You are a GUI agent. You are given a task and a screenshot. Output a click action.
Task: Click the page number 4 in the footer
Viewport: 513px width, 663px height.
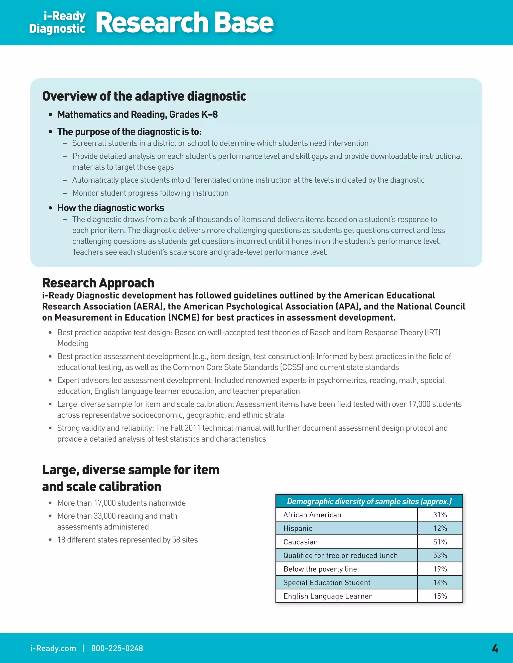495,648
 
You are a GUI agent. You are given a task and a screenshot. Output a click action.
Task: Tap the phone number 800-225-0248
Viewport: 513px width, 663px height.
117,648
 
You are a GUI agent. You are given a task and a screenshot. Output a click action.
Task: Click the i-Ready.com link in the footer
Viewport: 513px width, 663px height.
53,648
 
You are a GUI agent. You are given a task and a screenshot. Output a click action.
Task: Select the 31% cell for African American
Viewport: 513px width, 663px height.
440,515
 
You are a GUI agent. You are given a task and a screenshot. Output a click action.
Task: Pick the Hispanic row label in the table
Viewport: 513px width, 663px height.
298,528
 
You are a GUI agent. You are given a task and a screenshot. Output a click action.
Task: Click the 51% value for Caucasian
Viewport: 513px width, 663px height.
440,542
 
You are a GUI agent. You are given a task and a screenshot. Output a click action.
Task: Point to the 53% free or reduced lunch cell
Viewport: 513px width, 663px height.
440,555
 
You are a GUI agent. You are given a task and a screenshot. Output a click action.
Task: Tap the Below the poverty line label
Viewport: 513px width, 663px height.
320,569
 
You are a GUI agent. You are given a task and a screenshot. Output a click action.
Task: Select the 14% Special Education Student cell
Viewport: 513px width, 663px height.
440,582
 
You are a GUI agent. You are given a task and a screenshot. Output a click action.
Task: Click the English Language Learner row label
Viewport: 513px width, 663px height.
327,596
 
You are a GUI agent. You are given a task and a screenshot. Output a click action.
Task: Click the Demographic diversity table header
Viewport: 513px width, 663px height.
369,501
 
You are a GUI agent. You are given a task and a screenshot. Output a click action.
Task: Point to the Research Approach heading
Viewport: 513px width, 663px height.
98,283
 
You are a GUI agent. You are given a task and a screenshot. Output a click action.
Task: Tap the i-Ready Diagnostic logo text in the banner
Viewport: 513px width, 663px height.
58,22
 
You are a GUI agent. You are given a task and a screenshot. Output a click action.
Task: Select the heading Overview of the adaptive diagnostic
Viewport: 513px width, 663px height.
144,96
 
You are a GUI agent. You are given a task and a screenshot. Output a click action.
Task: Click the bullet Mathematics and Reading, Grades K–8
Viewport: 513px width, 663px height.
137,114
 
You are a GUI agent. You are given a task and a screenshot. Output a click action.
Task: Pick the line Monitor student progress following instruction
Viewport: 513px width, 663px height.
150,193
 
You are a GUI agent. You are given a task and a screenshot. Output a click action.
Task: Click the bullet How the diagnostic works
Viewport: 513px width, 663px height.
111,208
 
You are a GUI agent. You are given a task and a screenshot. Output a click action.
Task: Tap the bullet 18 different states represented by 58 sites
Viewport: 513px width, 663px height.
127,540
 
